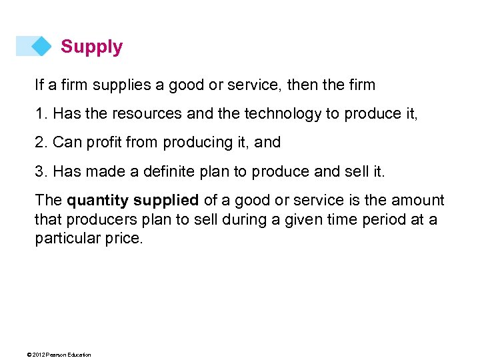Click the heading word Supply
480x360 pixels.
(x=91, y=47)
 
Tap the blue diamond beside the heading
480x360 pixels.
(x=41, y=46)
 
